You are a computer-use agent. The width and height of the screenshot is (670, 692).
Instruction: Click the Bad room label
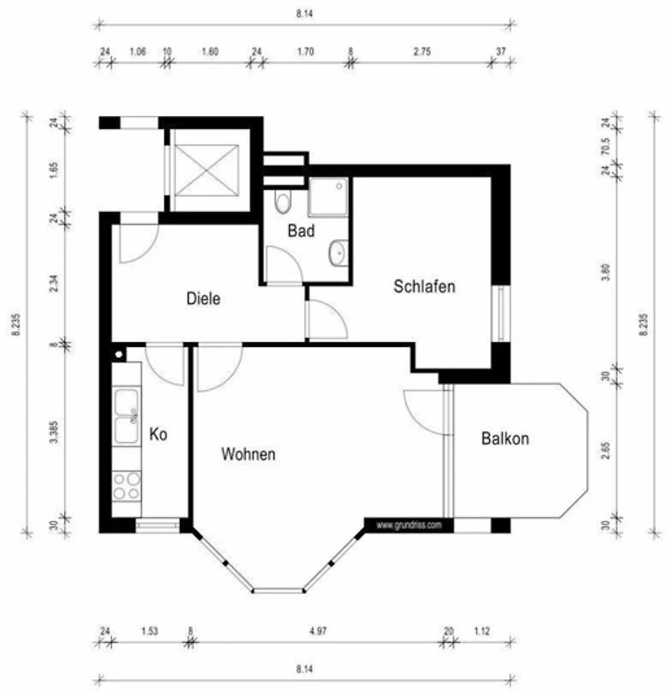click(300, 230)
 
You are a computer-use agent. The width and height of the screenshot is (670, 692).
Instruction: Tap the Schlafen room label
click(424, 286)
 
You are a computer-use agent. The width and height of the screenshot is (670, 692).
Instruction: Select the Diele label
click(203, 298)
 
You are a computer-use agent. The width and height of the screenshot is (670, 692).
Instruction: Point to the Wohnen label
click(248, 454)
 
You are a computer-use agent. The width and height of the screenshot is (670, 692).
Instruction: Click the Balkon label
click(505, 439)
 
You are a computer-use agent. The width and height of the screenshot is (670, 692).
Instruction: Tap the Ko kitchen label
click(158, 434)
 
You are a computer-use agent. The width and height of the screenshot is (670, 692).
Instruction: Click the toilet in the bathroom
click(282, 202)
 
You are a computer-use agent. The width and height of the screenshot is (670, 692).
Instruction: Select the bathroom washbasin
click(338, 253)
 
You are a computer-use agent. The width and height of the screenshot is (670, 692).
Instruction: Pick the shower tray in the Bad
click(328, 197)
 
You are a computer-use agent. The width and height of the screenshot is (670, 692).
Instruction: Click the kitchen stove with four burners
click(126, 486)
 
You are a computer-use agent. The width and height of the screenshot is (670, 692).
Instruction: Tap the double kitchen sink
click(126, 416)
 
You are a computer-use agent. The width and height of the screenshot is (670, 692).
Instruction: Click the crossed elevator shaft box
click(207, 170)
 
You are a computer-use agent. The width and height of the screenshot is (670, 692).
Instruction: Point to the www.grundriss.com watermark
click(409, 525)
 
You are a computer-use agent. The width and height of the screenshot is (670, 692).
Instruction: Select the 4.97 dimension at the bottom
click(318, 631)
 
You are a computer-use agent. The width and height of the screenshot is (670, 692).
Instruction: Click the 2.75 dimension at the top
click(422, 52)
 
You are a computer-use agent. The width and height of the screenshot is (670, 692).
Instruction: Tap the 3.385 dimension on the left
click(54, 432)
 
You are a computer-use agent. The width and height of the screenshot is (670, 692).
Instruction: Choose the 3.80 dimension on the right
click(606, 272)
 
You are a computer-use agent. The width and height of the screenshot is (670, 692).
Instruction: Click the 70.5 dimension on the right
click(606, 146)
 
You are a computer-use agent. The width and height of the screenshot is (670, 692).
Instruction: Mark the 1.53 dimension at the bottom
click(150, 631)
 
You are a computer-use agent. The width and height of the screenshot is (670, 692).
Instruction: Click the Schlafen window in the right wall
click(501, 313)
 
